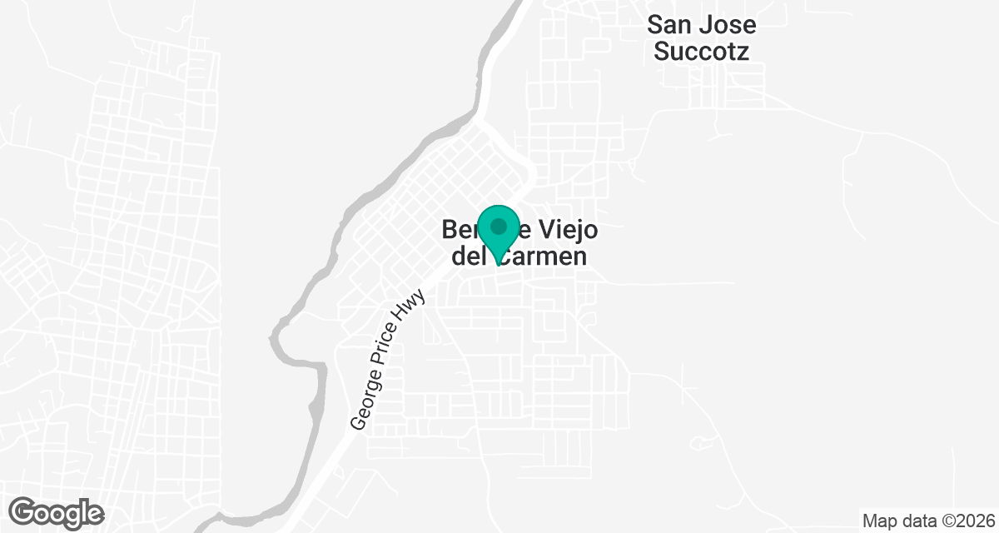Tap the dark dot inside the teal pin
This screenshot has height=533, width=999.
click(x=499, y=226)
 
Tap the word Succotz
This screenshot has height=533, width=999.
click(x=701, y=52)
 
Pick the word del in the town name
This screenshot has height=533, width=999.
click(x=468, y=255)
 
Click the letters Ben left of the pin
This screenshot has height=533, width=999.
click(x=460, y=228)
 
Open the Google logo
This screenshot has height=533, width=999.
click(x=57, y=512)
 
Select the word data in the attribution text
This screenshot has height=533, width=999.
click(x=914, y=521)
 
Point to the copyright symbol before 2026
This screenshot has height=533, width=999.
click(x=943, y=521)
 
